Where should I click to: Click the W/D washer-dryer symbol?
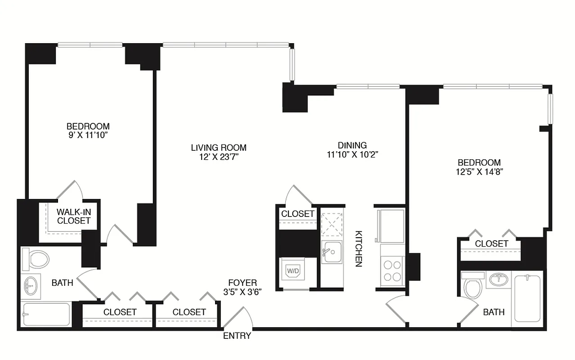(293, 271)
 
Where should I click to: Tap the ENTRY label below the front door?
(237, 336)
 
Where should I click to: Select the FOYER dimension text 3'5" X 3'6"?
(243, 291)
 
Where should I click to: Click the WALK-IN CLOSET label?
(74, 216)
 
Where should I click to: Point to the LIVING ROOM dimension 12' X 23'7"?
(218, 157)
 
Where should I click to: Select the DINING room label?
(352, 145)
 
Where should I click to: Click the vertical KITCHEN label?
(359, 249)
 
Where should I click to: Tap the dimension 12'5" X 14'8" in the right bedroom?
(479, 171)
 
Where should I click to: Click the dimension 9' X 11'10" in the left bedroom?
(88, 135)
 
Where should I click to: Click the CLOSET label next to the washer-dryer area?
(297, 214)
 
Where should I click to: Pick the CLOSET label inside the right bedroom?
(491, 243)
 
